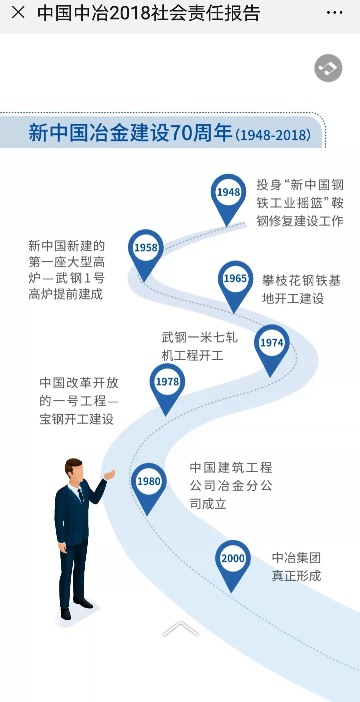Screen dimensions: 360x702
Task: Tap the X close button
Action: (x=18, y=13)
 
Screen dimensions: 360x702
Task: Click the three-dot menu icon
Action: (x=334, y=13)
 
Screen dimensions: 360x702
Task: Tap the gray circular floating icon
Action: (x=328, y=68)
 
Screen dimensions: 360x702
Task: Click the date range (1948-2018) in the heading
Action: (x=273, y=135)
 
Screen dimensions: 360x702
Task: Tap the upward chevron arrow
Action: (x=180, y=628)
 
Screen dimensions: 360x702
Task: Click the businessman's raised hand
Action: (x=110, y=474)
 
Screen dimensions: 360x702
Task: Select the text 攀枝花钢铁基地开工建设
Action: (x=301, y=289)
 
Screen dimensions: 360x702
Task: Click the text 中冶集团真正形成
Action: (x=296, y=567)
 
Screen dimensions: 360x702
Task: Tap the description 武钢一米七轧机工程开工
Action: (x=199, y=346)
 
